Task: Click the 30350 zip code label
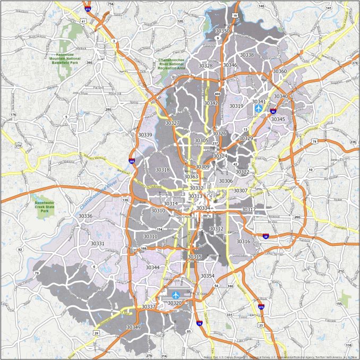click(x=223, y=31)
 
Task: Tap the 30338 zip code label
click(x=246, y=55)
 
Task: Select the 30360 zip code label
click(x=280, y=71)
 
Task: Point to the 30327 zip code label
click(x=172, y=123)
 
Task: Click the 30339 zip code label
click(x=144, y=135)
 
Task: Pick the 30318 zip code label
click(x=162, y=170)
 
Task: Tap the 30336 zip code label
click(x=85, y=216)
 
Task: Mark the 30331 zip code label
click(x=97, y=244)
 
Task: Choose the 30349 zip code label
click(x=133, y=328)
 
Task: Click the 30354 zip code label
click(x=208, y=276)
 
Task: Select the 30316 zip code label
click(x=243, y=242)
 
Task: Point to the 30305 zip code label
click(x=201, y=141)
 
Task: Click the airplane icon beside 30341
click(x=259, y=108)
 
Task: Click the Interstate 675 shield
click(x=261, y=307)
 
